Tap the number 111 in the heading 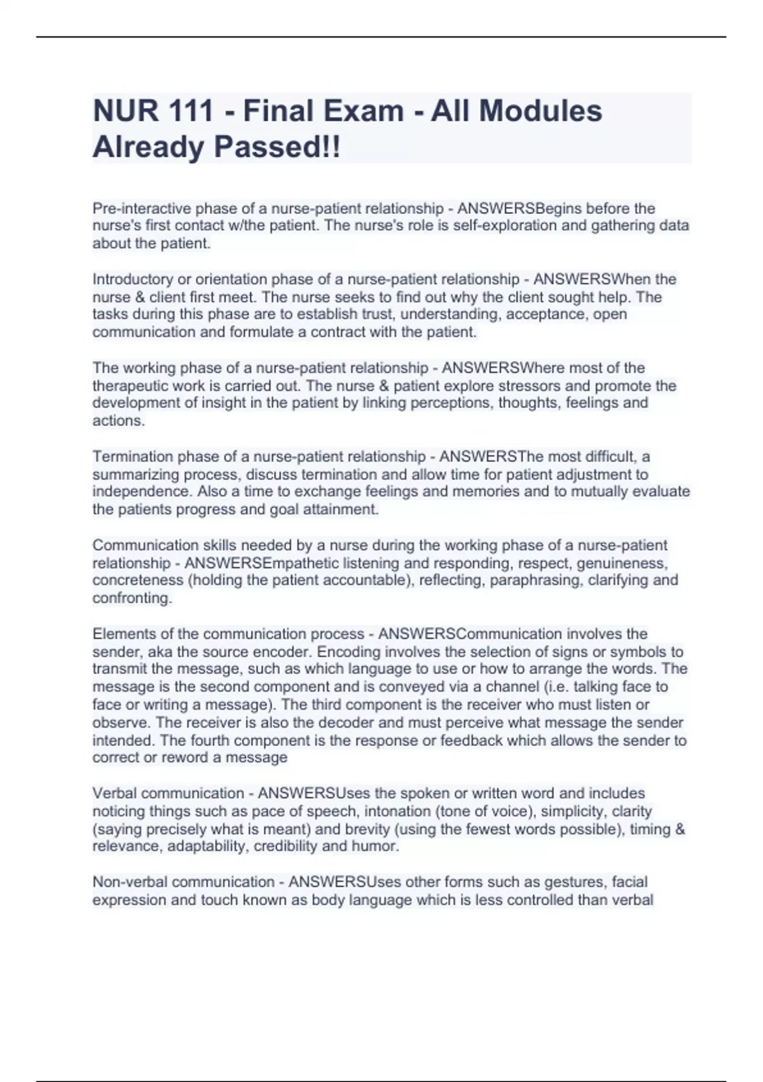click(191, 111)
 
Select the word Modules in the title click(540, 111)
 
